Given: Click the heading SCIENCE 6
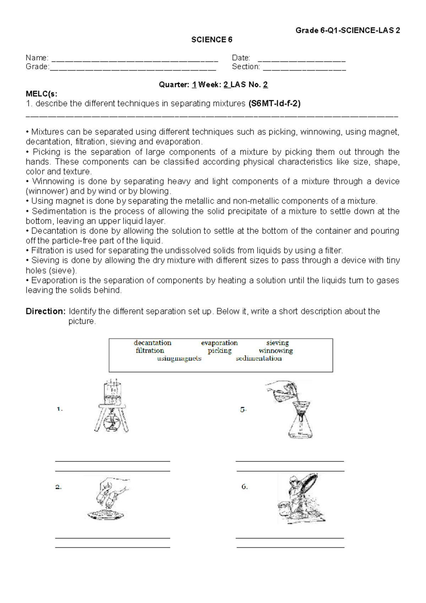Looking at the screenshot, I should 212,40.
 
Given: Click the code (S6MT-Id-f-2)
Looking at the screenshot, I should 274,104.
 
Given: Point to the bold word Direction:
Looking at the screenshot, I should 45,311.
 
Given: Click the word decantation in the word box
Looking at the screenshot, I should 152,343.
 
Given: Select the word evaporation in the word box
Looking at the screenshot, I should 219,343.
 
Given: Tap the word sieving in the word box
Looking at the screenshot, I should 277,343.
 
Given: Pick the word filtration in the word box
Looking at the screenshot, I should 149,351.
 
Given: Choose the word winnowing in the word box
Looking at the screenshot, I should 275,351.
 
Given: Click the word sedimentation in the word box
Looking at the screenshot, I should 258,358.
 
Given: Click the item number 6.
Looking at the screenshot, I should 244,487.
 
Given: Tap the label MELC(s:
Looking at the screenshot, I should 41,94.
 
